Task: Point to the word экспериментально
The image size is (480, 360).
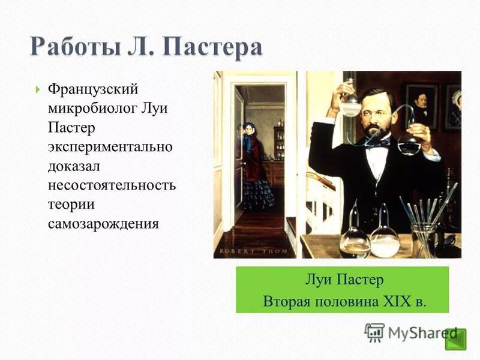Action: [110, 147]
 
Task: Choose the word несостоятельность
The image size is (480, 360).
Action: [112, 184]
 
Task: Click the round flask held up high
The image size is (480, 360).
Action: [350, 106]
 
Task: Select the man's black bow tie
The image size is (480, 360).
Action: [377, 144]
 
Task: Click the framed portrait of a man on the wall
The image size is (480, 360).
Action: [422, 105]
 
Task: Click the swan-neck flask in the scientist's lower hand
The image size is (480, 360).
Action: [410, 144]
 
